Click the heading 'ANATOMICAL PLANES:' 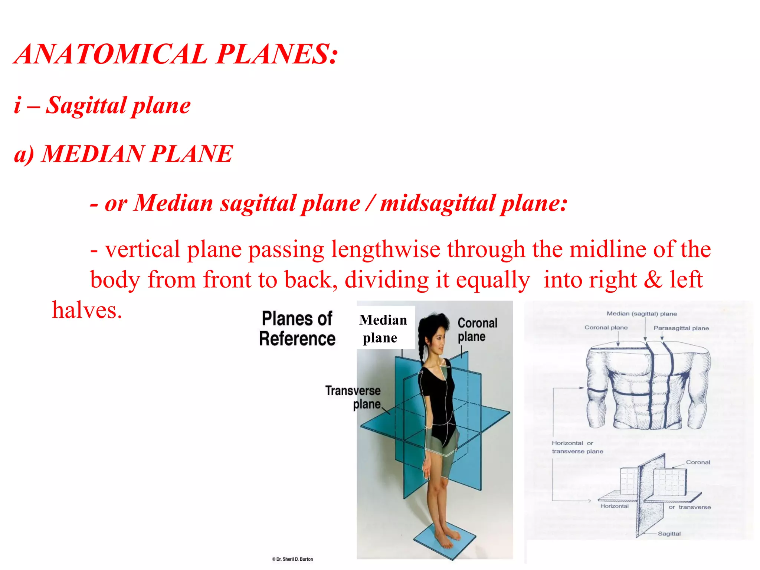tap(176, 54)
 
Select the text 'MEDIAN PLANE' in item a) tap(137, 154)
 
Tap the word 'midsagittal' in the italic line tap(438, 203)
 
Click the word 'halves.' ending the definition tap(87, 310)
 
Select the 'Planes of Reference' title tap(297, 329)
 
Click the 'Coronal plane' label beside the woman tap(477, 330)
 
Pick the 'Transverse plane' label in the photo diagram tap(353, 397)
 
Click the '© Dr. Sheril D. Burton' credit tap(292, 559)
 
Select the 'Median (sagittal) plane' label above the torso tap(642, 314)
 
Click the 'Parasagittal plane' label tap(681, 328)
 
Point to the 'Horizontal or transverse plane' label tap(577, 447)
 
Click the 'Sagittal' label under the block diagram tap(669, 534)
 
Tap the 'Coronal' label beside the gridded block tap(698, 462)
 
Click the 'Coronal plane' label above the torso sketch tap(606, 327)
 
